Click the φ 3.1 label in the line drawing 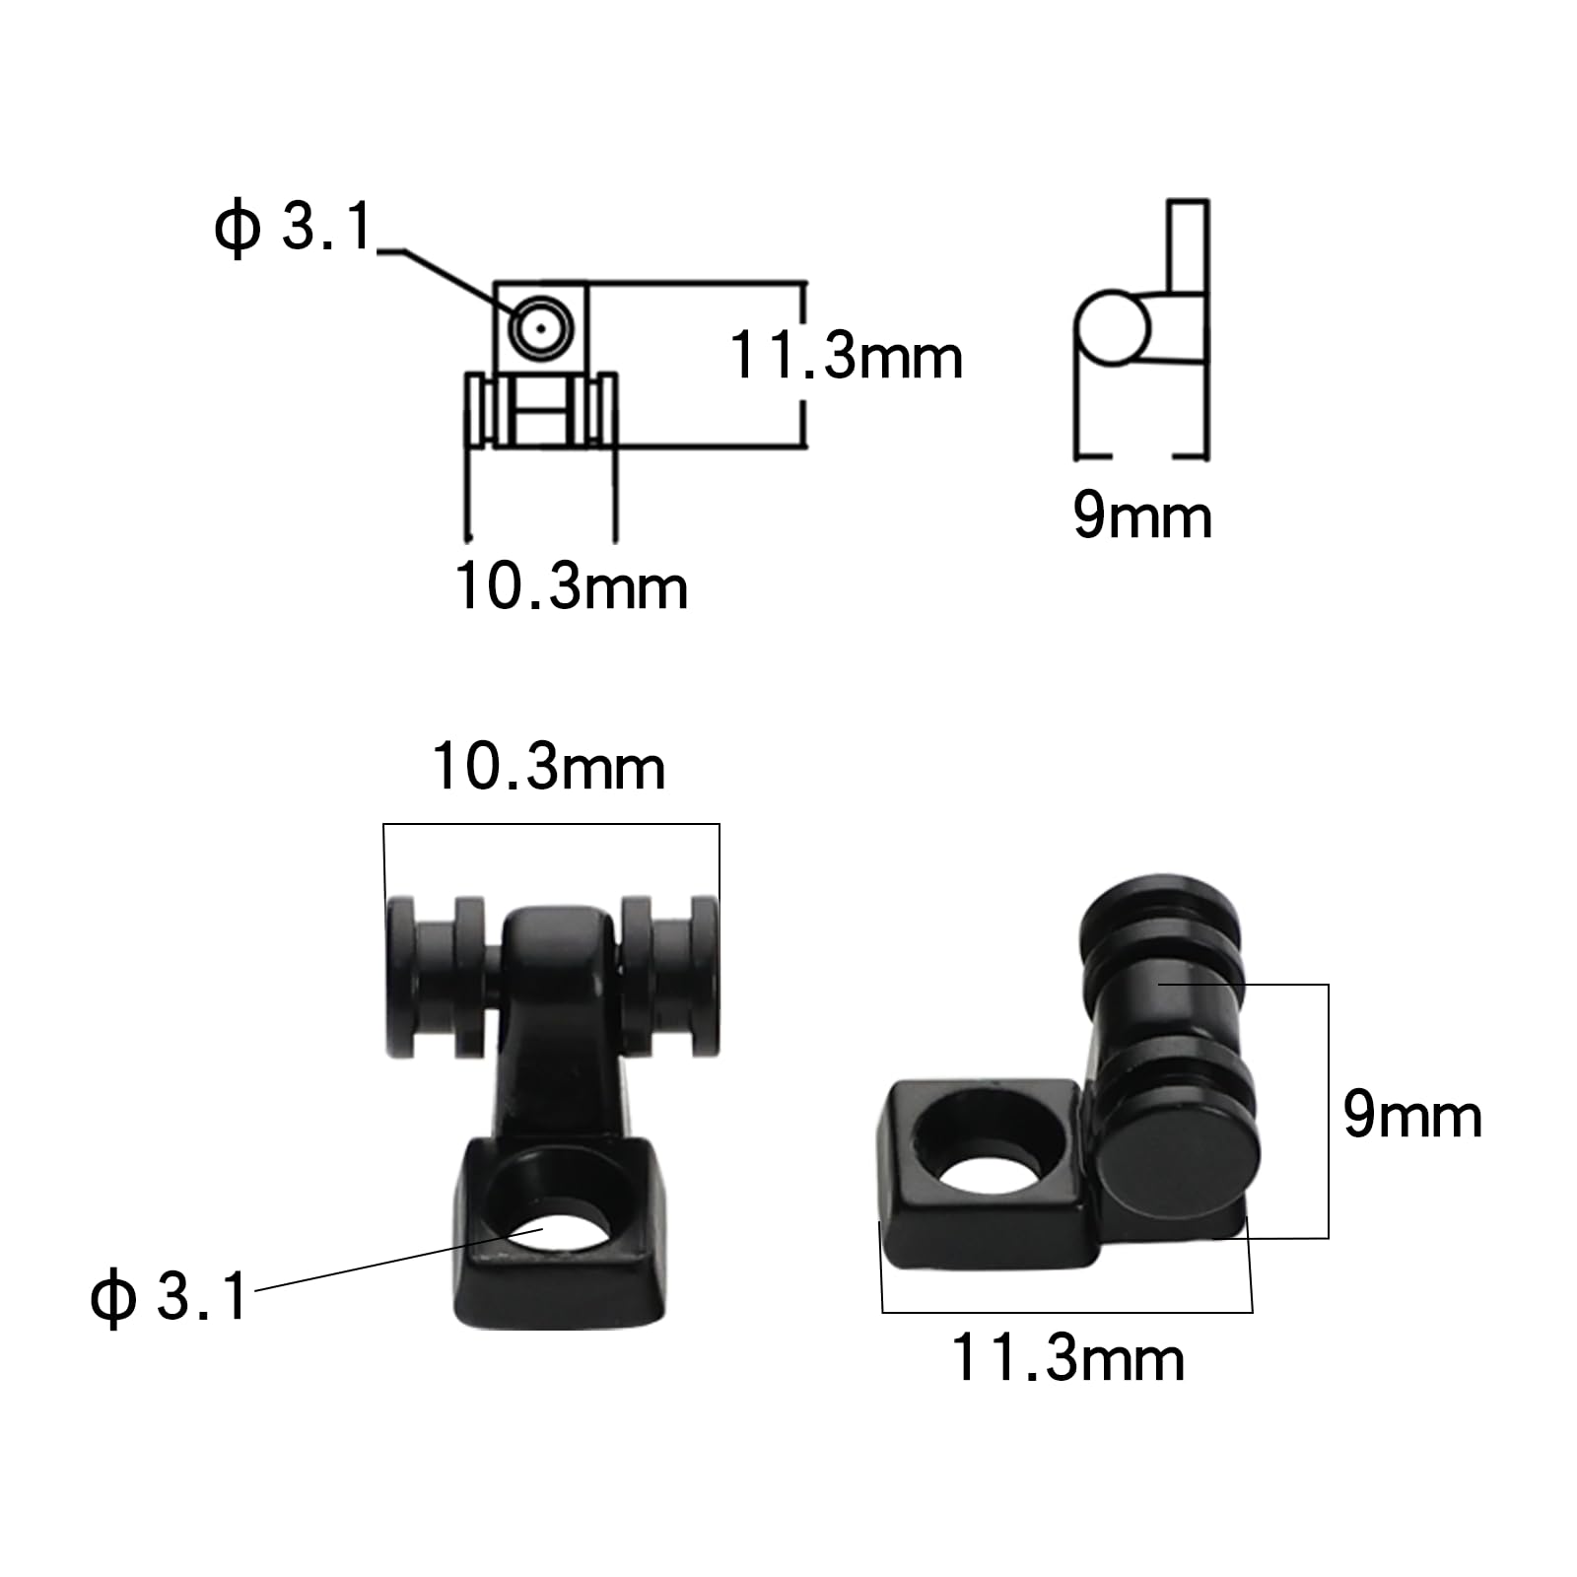[293, 229]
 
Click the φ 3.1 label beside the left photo [169, 1296]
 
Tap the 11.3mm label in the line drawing [846, 356]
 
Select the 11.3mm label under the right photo [1067, 1359]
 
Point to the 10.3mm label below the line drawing [571, 587]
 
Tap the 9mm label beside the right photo [1412, 1117]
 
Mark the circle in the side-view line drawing [1112, 327]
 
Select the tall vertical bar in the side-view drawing [1188, 246]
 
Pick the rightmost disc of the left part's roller [704, 976]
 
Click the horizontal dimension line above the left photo [552, 824]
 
